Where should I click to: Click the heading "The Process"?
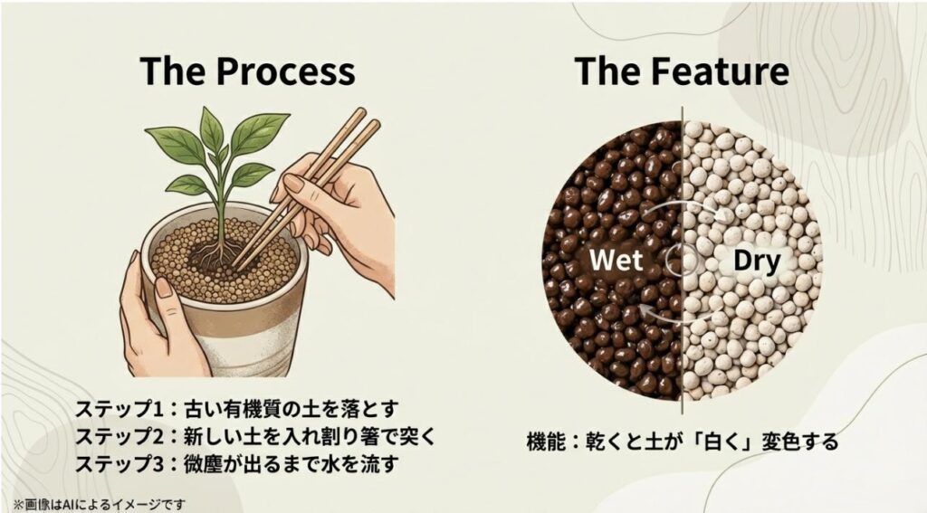pyautogui.click(x=247, y=71)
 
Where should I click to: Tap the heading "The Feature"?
pyautogui.click(x=681, y=71)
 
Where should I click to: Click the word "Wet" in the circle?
pyautogui.click(x=616, y=261)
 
